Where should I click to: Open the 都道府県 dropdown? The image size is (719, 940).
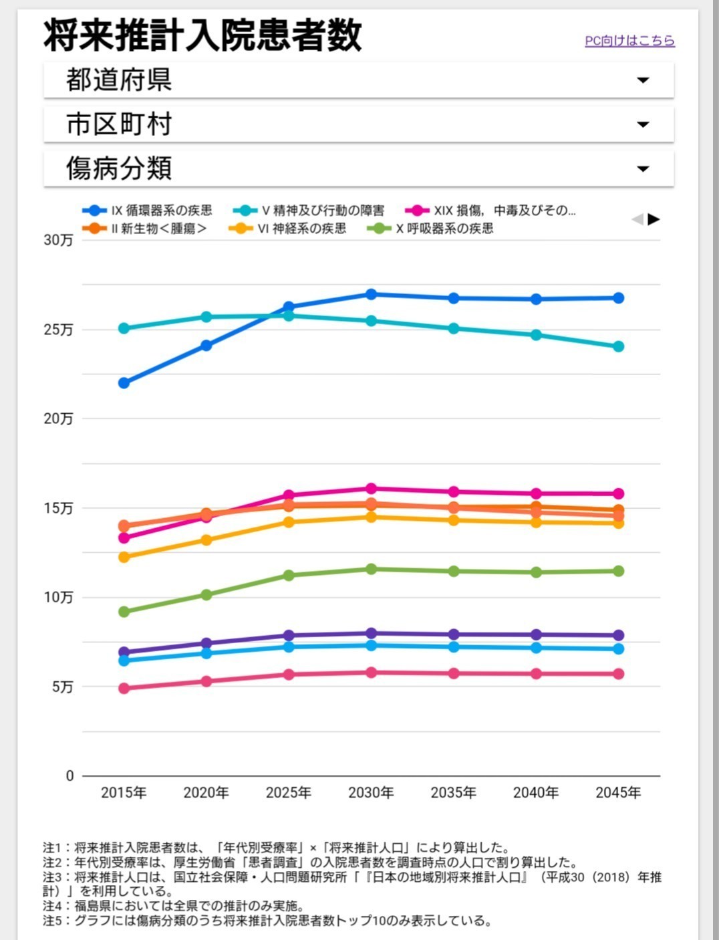coord(358,80)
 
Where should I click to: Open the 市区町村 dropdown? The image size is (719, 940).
coord(358,124)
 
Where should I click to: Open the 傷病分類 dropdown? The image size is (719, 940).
coord(358,168)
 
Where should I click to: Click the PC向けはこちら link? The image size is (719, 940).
coord(629,41)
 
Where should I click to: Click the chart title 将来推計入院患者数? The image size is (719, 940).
coord(202,35)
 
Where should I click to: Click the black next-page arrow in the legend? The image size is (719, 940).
coord(654,219)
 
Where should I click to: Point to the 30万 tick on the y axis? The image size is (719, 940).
coord(58,240)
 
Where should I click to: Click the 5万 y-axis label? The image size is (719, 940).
coord(62,687)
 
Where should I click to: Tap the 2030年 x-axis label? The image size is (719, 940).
coord(371,793)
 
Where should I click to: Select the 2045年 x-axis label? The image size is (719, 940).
coord(618,793)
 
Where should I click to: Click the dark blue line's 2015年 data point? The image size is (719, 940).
coord(124,383)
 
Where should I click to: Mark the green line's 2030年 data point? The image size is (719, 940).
coord(371,569)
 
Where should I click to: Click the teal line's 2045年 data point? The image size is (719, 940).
coord(618,346)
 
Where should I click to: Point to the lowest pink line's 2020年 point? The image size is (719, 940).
coord(206,681)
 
